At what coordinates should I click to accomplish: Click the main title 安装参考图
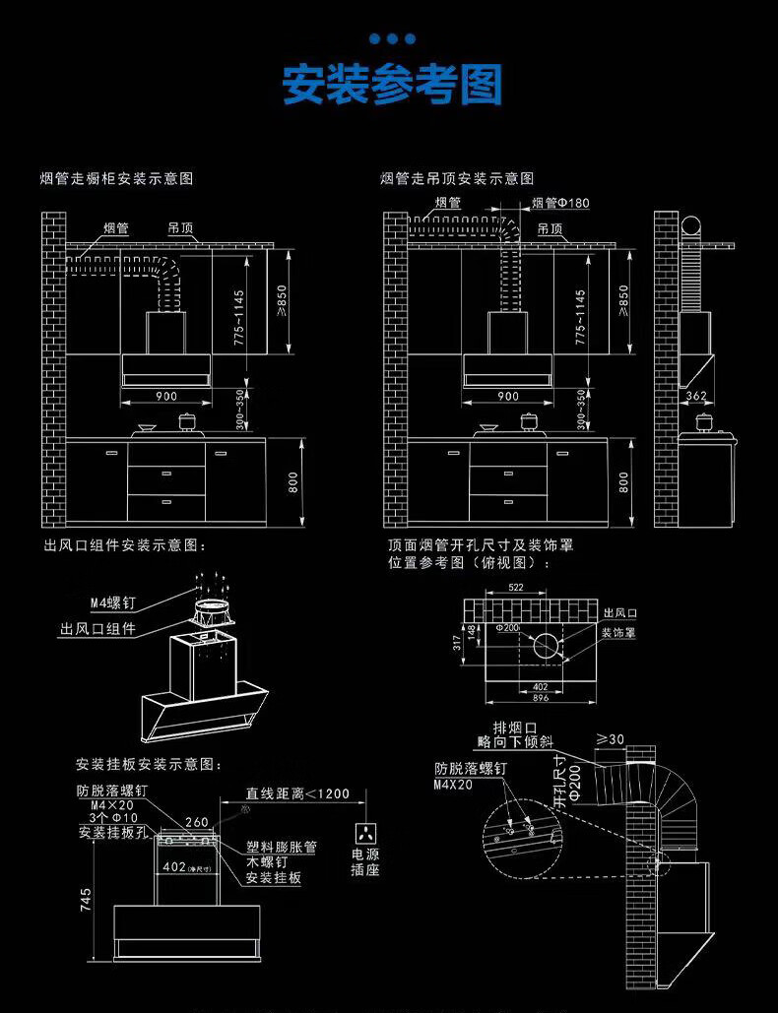(x=392, y=85)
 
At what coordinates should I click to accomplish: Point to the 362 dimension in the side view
(x=696, y=397)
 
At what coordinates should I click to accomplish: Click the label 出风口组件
(x=97, y=628)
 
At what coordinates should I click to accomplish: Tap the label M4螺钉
(x=112, y=602)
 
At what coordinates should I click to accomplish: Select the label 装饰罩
(x=619, y=632)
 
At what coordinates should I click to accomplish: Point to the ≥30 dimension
(x=611, y=739)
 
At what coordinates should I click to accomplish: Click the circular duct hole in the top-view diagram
(x=545, y=646)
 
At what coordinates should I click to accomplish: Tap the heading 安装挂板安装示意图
(x=150, y=765)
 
